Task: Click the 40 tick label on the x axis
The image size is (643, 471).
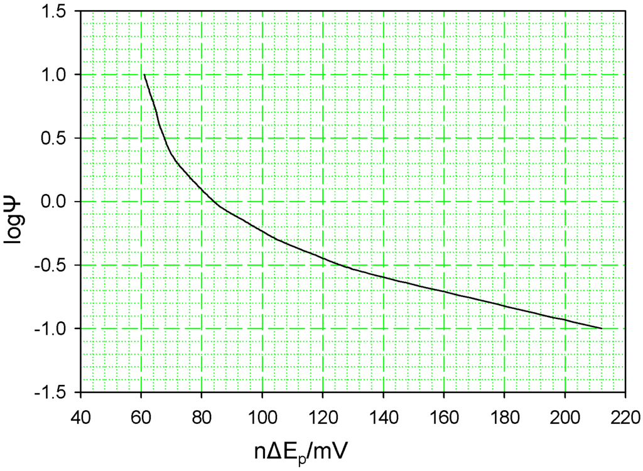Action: click(x=80, y=416)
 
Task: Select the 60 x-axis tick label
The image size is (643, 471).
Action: click(x=141, y=416)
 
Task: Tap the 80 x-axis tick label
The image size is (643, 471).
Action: click(x=202, y=416)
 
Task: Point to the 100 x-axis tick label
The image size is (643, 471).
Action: click(x=262, y=416)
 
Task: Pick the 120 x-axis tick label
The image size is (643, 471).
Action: click(x=323, y=416)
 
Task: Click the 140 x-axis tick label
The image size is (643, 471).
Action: click(x=383, y=416)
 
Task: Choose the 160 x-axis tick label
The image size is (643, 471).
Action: click(x=444, y=416)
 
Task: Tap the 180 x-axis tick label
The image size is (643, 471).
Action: click(x=504, y=416)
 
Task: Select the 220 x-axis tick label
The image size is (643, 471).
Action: click(x=625, y=416)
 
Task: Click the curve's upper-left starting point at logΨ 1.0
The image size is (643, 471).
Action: click(x=144, y=75)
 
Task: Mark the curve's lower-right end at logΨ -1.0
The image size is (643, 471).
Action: click(x=602, y=328)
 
